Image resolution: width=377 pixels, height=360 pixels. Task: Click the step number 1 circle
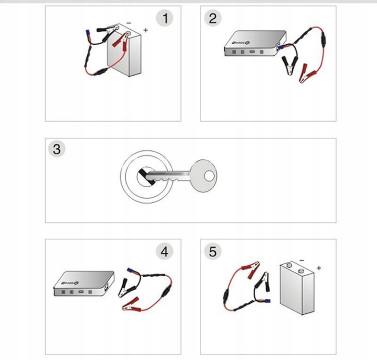(166, 19)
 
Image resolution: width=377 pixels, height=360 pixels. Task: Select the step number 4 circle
(165, 251)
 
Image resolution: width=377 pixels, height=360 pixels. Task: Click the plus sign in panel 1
(146, 30)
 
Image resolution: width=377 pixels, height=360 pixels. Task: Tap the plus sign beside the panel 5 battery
(319, 268)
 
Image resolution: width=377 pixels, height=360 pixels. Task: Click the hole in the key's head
(208, 176)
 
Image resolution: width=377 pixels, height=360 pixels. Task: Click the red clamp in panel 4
(130, 304)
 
